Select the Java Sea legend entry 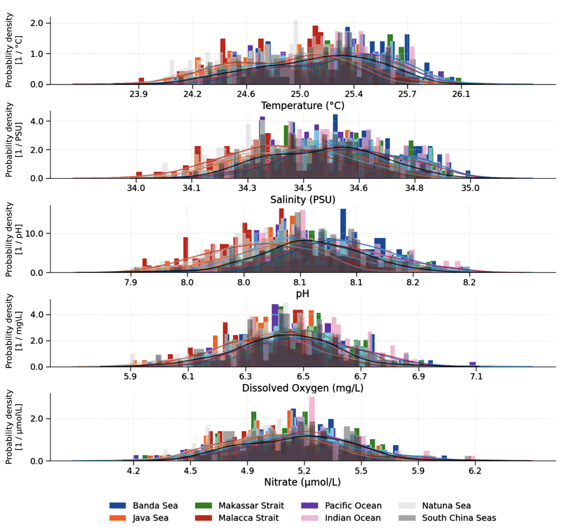(x=139, y=518)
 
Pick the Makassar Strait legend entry (x=239, y=506)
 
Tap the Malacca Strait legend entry (x=237, y=518)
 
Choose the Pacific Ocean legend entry (x=341, y=506)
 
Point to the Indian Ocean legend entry (x=341, y=518)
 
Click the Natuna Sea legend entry (x=434, y=506)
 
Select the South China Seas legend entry (x=447, y=518)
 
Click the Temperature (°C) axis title (x=303, y=106)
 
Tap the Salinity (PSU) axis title (x=303, y=200)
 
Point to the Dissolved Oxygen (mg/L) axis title (x=303, y=388)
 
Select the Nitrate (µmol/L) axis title (x=303, y=482)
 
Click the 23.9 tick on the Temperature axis (x=139, y=94)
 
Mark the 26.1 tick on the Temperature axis (x=461, y=94)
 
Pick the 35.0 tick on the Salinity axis (x=470, y=188)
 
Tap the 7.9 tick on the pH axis (x=131, y=282)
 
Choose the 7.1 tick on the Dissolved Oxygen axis (x=476, y=376)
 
